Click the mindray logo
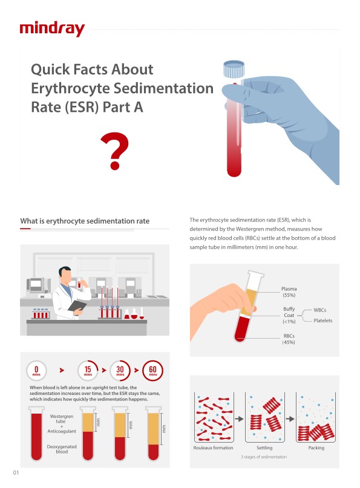[52, 30]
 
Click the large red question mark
[114, 151]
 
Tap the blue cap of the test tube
[234, 69]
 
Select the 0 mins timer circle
[36, 370]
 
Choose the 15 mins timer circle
[88, 370]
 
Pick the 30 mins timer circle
[120, 370]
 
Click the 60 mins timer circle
[152, 370]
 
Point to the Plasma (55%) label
[289, 292]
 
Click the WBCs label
[320, 310]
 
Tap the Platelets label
[322, 320]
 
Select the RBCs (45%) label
[289, 339]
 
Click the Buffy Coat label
[289, 312]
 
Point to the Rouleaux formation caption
[214, 447]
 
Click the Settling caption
[264, 448]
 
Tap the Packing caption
[316, 448]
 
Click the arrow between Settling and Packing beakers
[290, 418]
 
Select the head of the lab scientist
[65, 275]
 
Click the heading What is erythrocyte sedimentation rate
[85, 221]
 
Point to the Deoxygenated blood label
[62, 449]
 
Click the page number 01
[16, 473]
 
